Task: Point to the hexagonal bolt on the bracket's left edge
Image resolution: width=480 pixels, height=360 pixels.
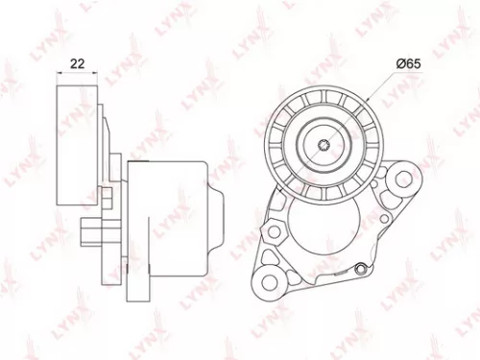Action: pos(275,231)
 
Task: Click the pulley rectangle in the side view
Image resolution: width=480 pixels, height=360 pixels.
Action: pos(70,145)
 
